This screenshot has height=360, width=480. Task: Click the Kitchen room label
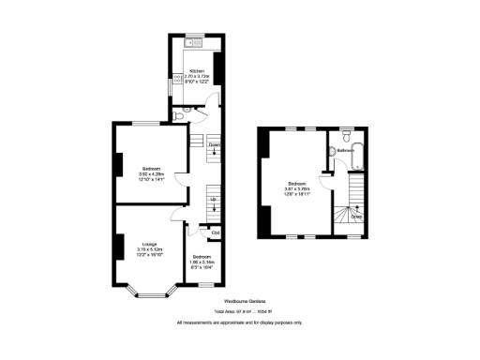[x=196, y=70]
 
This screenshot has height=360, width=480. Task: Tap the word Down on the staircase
[x=215, y=144]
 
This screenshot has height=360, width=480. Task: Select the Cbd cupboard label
[x=215, y=232]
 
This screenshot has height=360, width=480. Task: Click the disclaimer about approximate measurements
[x=240, y=323]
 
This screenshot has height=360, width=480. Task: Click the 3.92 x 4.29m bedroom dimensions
[x=151, y=174]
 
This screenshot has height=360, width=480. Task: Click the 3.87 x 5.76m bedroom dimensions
[x=297, y=188]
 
